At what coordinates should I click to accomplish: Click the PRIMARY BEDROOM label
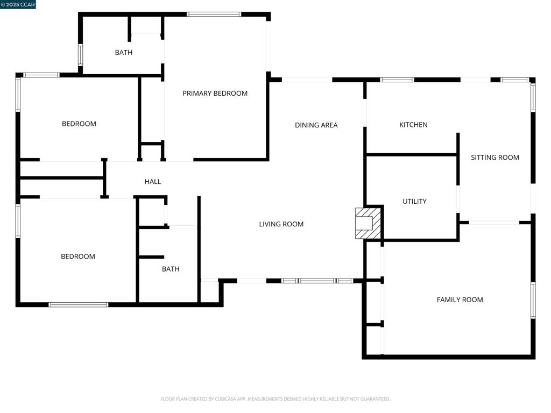(215, 94)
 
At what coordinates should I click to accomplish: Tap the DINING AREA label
(316, 125)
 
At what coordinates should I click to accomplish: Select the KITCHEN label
(413, 125)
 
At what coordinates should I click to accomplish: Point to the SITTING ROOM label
(495, 158)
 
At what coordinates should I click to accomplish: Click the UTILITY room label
(414, 202)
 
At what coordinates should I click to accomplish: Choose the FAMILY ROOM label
(460, 300)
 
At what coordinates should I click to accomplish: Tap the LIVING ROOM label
(281, 224)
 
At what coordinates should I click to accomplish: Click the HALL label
(153, 182)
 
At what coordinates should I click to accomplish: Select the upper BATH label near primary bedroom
(123, 53)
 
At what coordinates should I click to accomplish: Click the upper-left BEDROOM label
(79, 124)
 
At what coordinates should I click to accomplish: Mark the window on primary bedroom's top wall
(214, 15)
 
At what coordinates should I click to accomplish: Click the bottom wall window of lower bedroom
(79, 305)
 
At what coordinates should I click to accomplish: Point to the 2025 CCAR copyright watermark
(18, 5)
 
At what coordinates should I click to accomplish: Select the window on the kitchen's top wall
(397, 80)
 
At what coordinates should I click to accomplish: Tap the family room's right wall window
(533, 300)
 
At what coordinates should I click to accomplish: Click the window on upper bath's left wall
(81, 55)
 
